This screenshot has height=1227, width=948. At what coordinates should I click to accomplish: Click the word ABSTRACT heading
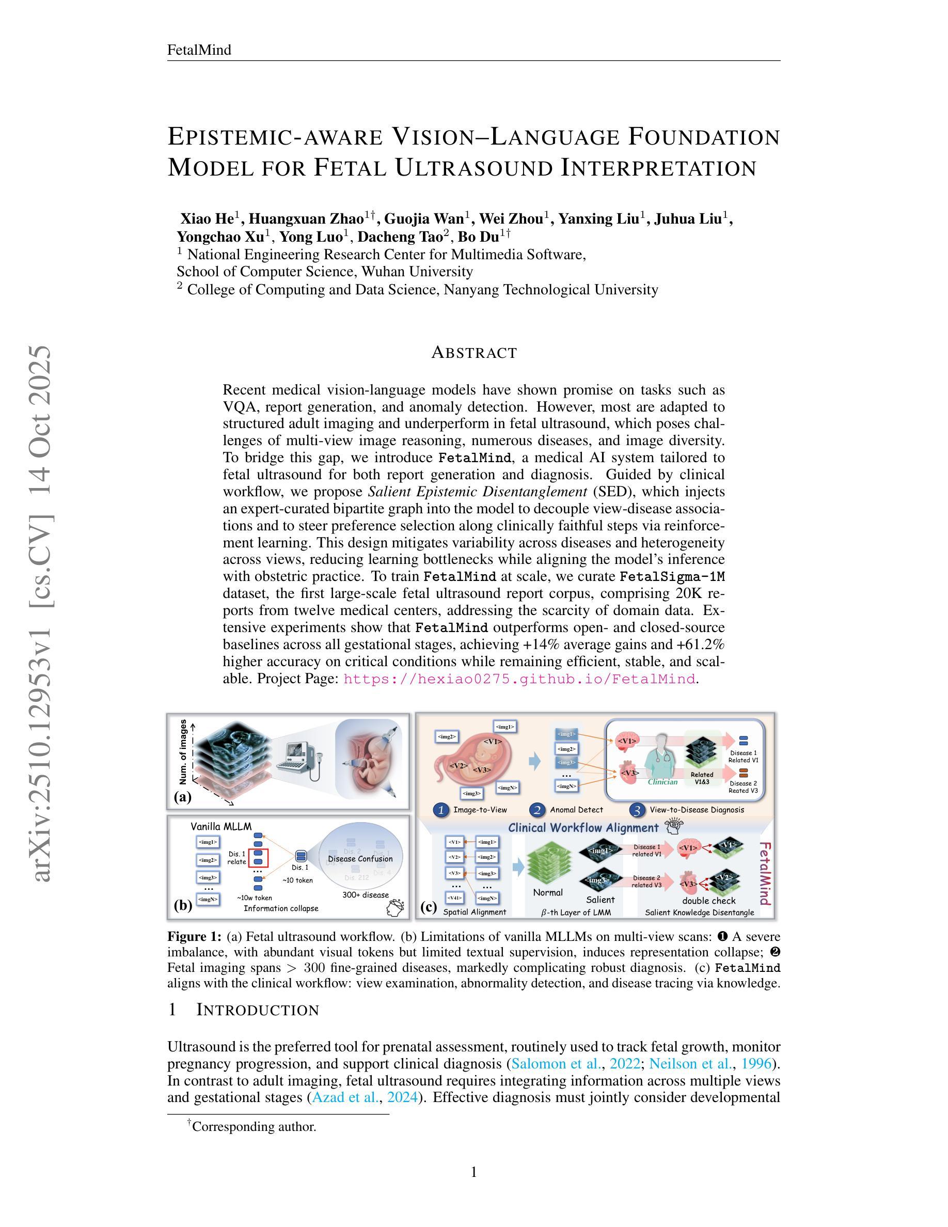pos(473,353)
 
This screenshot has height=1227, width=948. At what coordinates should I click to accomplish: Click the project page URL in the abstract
pos(519,679)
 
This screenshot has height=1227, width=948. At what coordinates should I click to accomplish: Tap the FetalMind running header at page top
pos(199,50)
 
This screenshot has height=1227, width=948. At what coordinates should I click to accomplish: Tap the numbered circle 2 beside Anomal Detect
pos(538,810)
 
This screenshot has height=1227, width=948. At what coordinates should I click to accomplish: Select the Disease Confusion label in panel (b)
pos(360,858)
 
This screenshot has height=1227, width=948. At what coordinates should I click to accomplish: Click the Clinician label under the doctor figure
pos(662,781)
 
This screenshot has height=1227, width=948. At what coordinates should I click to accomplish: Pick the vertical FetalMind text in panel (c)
pos(764,873)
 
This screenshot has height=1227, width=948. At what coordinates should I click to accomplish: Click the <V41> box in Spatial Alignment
pos(455,897)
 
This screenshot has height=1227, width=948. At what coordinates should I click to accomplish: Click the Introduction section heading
pos(257,1010)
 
